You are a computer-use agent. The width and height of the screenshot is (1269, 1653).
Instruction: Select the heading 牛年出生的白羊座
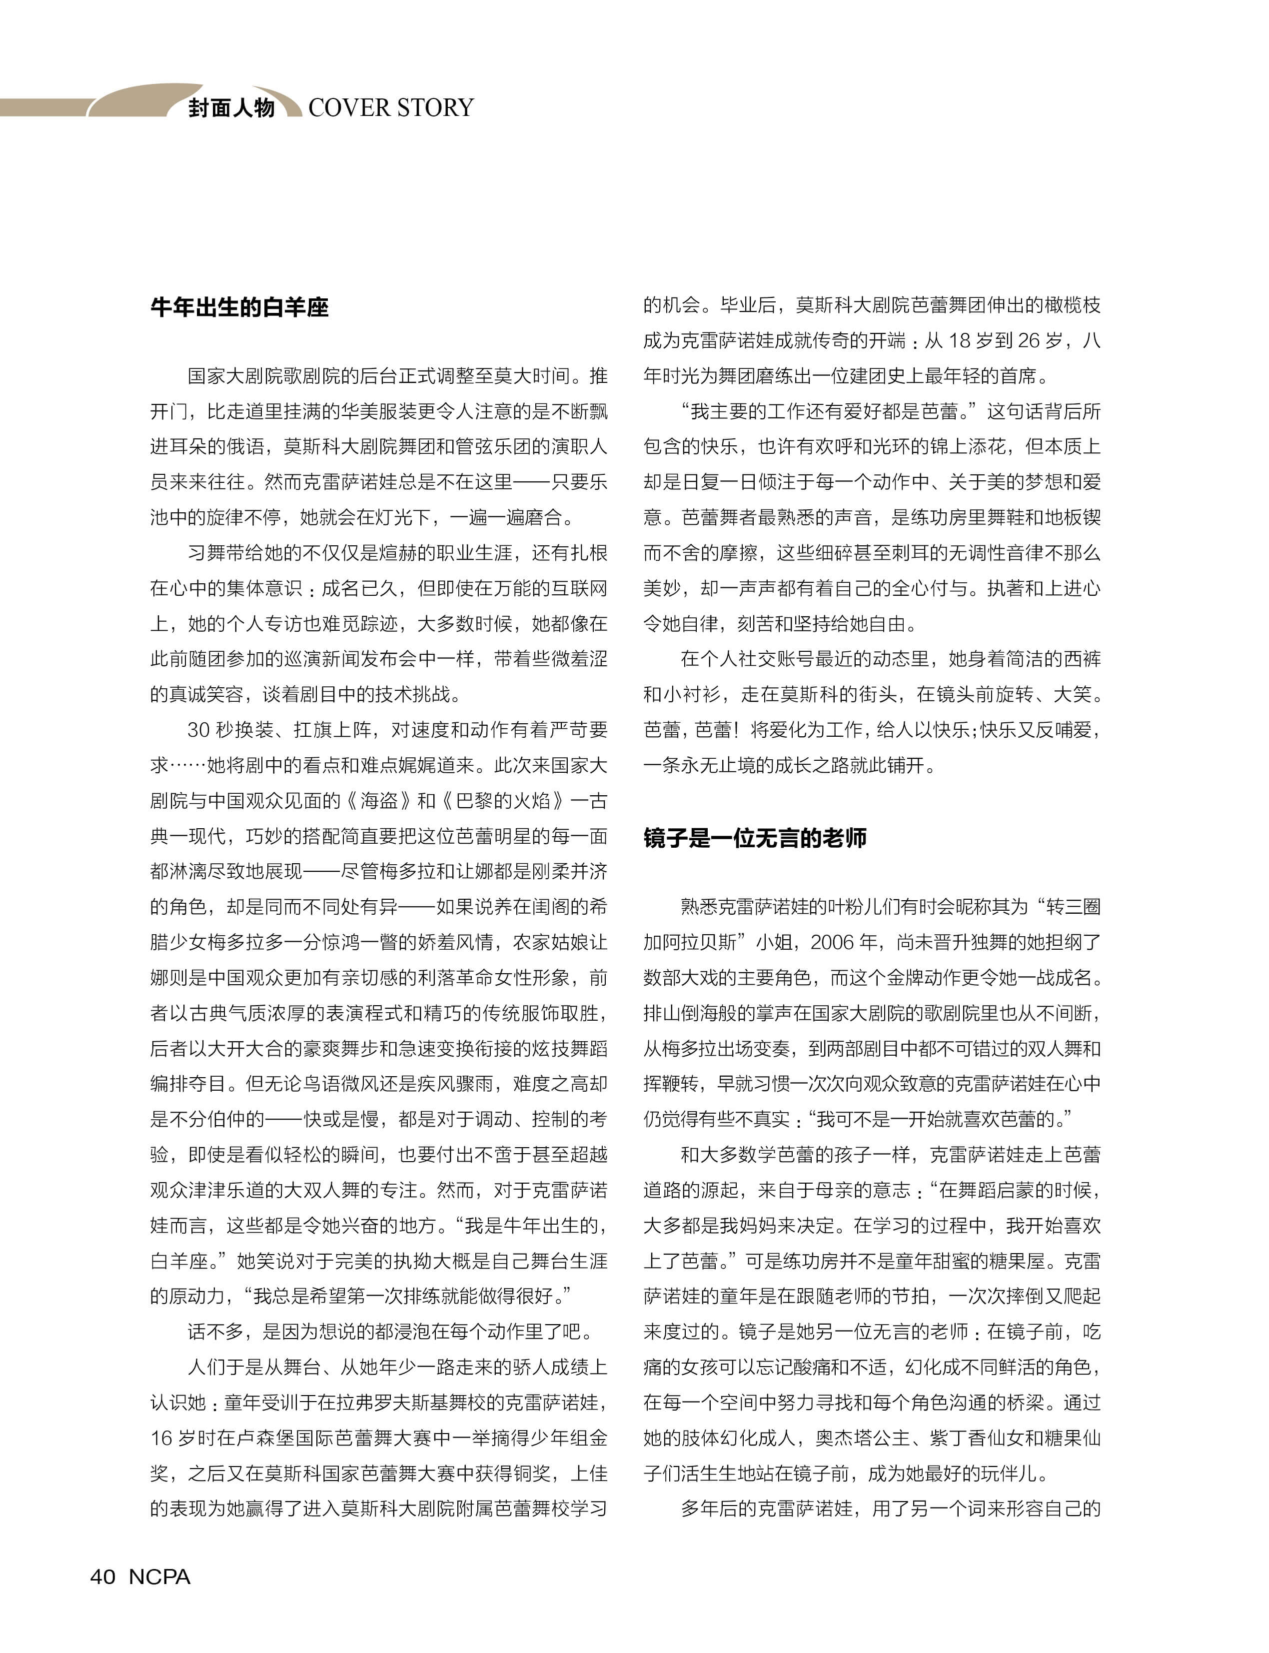239,307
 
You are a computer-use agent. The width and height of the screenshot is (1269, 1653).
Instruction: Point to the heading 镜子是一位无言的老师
755,838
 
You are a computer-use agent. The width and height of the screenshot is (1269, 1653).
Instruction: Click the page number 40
103,1577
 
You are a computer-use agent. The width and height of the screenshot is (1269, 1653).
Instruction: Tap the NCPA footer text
159,1577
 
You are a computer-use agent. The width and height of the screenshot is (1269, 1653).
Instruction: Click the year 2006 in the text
835,942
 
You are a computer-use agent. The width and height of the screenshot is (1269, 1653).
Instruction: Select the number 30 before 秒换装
198,730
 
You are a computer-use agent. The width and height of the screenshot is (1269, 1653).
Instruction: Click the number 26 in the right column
1028,341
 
